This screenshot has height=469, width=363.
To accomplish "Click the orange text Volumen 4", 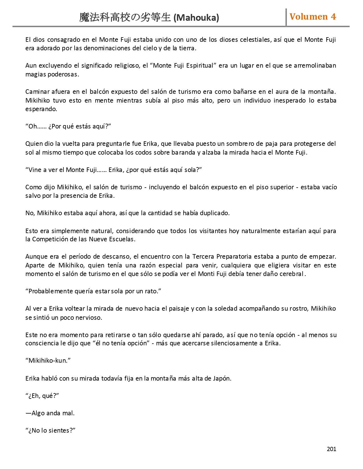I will click(x=313, y=17).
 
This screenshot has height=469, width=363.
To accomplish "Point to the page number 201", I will click(x=331, y=449).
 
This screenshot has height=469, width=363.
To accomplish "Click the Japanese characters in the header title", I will click(x=125, y=18).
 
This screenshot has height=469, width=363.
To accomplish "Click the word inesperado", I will click(x=293, y=101).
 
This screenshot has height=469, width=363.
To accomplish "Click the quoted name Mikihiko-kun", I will click(x=48, y=361).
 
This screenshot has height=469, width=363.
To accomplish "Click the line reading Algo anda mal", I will click(x=50, y=413).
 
